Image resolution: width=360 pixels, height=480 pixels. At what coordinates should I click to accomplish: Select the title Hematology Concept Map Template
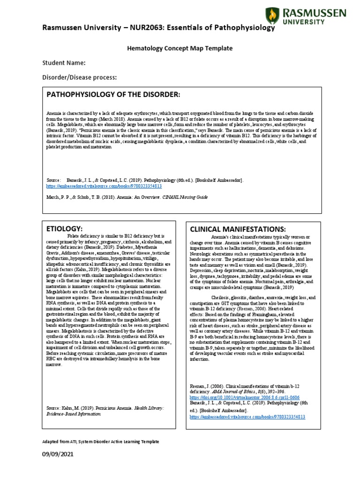click(x=180, y=48)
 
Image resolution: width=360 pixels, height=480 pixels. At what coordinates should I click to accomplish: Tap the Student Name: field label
click(x=64, y=63)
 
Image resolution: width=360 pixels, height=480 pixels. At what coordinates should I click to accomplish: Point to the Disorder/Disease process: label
click(x=79, y=77)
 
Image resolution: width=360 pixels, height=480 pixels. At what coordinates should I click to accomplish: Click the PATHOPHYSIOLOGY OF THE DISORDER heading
click(x=113, y=95)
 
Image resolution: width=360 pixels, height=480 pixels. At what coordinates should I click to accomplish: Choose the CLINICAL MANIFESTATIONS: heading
click(x=237, y=229)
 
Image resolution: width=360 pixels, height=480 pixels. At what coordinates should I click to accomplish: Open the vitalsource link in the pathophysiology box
click(x=104, y=186)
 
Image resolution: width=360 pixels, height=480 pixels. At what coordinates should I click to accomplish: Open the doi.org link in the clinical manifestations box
click(x=245, y=397)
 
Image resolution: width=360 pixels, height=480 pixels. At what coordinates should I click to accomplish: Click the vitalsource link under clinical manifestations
click(x=247, y=416)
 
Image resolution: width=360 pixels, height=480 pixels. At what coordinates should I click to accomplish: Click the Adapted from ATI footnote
click(x=100, y=442)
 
